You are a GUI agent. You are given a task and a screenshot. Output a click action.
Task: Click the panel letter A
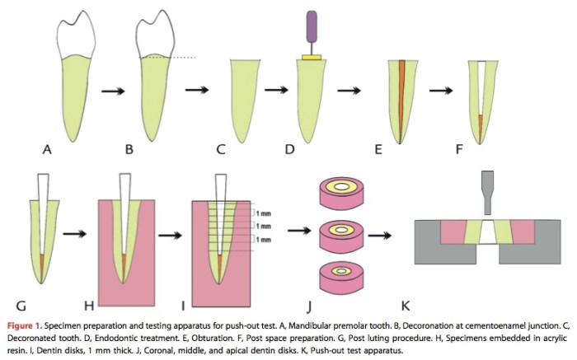48,150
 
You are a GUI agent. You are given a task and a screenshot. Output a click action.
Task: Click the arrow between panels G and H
76,235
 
